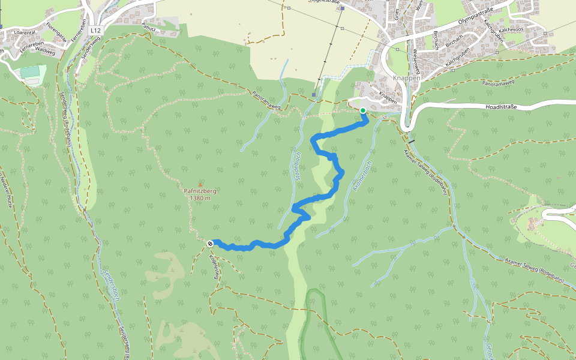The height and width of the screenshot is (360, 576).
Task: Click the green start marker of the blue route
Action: [363, 110]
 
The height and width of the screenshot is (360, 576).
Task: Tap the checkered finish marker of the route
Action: [210, 244]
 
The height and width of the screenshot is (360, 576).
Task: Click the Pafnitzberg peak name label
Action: [200, 191]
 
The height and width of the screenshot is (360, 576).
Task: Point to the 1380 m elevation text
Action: [200, 199]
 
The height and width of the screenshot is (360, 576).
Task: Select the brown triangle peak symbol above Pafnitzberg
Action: [200, 184]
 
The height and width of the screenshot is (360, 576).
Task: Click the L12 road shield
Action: [95, 29]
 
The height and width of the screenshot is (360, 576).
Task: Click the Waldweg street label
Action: [46, 52]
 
